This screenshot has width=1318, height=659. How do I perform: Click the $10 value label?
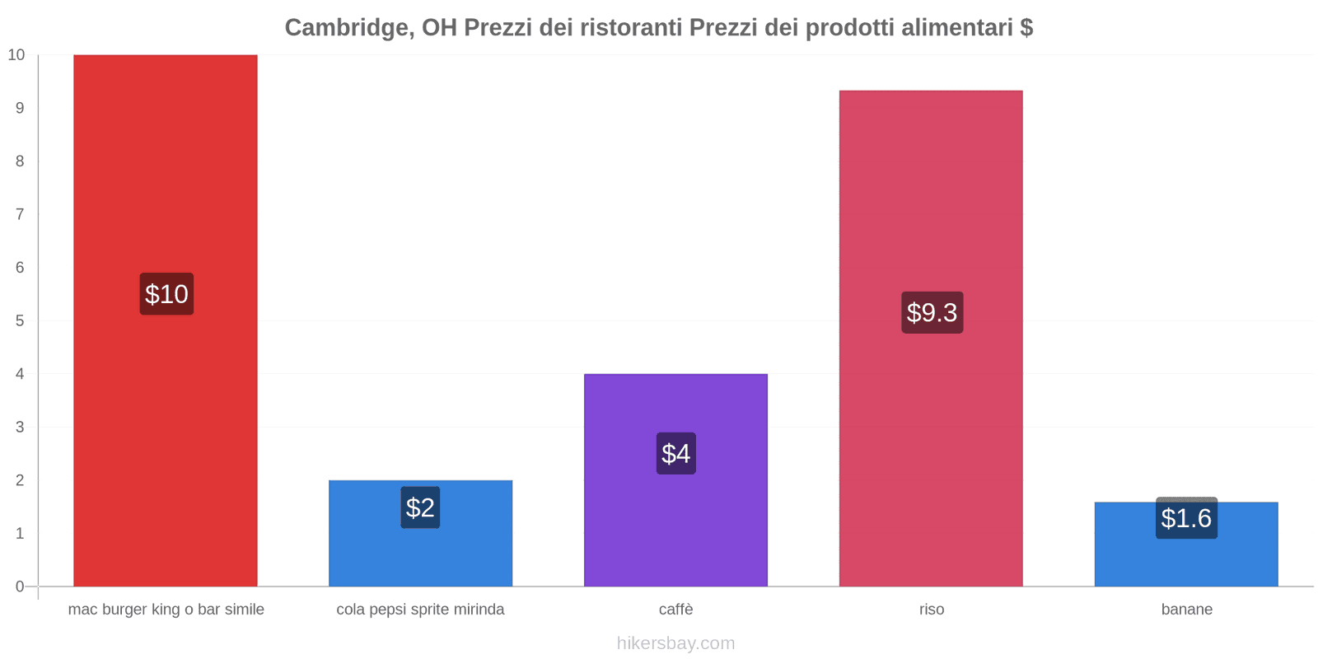[x=166, y=294]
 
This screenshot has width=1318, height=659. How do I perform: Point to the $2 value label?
[x=420, y=507]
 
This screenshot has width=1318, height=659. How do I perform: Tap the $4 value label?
[x=675, y=453]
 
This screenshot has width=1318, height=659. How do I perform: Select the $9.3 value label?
[x=932, y=312]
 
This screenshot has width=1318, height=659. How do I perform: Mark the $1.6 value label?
[x=1186, y=518]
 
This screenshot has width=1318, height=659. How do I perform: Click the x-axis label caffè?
[x=675, y=610]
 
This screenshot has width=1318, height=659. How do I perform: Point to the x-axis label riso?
[x=932, y=610]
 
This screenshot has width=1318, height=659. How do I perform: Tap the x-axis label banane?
[x=1186, y=610]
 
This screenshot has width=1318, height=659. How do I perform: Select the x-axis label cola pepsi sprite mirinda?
[x=420, y=610]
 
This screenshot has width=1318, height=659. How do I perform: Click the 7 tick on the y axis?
[x=20, y=214]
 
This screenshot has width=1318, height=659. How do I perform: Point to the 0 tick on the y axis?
[x=20, y=587]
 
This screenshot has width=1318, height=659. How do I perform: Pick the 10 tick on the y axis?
[x=16, y=55]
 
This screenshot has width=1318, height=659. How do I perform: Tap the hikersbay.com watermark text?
[x=675, y=643]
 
